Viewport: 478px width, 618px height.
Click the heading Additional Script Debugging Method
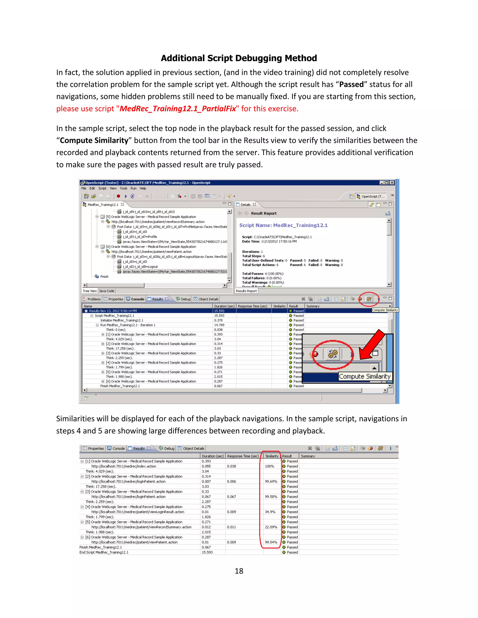(239, 58)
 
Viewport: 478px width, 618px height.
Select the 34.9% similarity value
(270, 512)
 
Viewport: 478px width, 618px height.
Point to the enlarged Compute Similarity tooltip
(365, 376)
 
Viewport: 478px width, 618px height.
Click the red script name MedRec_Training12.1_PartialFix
(178, 109)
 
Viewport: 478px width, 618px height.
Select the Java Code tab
(106, 291)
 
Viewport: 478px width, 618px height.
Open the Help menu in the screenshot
(143, 188)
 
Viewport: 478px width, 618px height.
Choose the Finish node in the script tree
(104, 276)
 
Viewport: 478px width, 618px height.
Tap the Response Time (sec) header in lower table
(243, 456)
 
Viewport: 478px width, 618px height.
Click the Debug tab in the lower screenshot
(169, 448)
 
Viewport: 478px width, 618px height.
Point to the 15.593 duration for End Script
(207, 552)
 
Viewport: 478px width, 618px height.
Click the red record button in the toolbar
(118, 196)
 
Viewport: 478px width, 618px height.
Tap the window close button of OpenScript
(392, 183)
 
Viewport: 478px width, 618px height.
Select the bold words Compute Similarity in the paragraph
(94, 140)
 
